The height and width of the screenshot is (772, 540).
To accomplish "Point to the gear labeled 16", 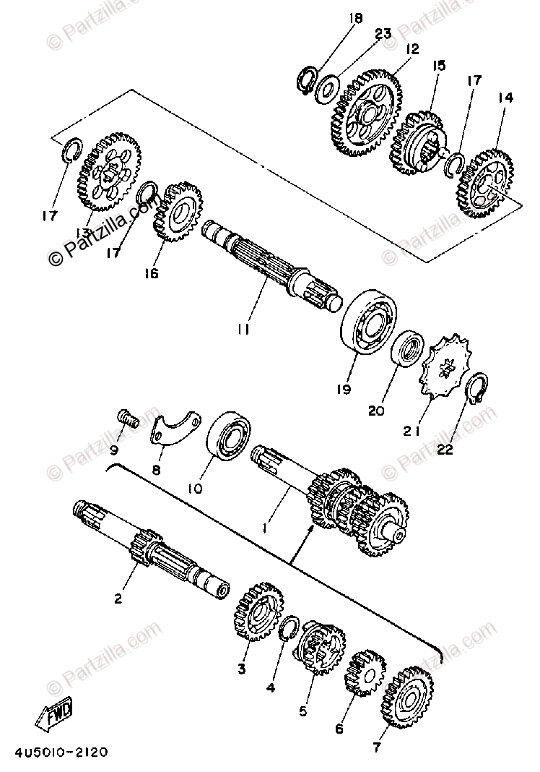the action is [176, 213].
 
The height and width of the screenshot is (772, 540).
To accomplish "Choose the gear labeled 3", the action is [257, 612].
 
